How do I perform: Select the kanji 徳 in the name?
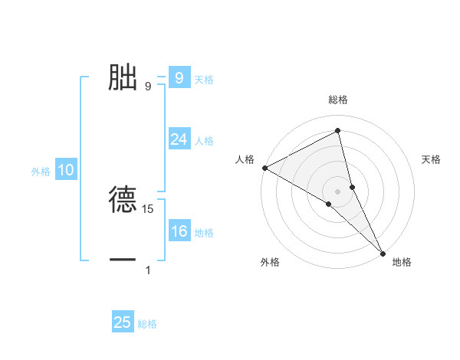(123, 200)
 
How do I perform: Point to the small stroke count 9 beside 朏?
(148, 87)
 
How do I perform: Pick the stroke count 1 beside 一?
(148, 270)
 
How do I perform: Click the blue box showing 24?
(179, 139)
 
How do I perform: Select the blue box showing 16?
(179, 231)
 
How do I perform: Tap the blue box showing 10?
(66, 170)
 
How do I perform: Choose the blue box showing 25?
(123, 322)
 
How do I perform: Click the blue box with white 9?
(179, 78)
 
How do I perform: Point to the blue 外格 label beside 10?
(41, 172)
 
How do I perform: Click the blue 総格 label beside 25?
(147, 324)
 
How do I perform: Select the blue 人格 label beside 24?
(204, 141)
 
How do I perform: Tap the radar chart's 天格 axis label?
(431, 159)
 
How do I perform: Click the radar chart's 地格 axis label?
(402, 262)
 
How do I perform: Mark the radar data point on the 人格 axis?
(264, 167)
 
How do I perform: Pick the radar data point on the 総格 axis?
(337, 131)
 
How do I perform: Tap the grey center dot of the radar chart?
(337, 191)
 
